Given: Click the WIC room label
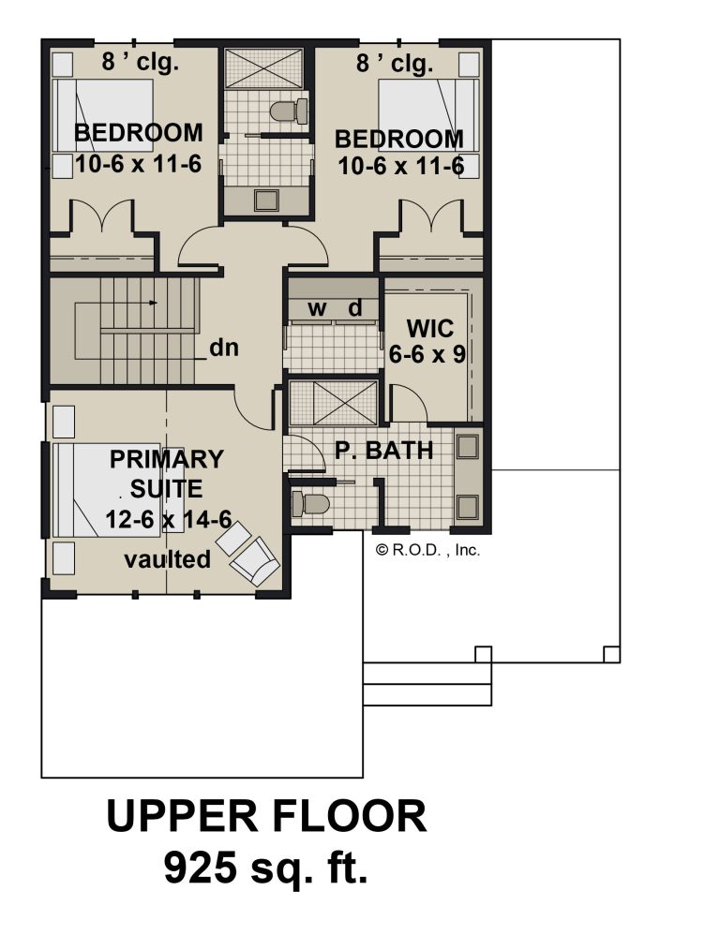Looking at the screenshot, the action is tap(429, 329).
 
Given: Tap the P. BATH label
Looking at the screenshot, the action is tap(384, 450).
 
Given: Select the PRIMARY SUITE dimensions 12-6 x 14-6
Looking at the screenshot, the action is tap(169, 519).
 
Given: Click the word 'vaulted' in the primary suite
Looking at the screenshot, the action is tap(167, 558).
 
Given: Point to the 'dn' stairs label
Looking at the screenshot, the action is tap(224, 348).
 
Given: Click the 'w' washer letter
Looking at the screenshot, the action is tap(316, 309).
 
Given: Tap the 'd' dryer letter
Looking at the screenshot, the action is tap(355, 308).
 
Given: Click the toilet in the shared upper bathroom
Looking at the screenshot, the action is tap(289, 111).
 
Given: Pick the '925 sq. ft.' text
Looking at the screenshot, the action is tap(265, 868).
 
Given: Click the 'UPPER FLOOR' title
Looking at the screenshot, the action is tap(266, 816).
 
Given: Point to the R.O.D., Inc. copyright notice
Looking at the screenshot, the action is tap(427, 550).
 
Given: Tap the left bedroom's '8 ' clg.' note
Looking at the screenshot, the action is tap(140, 62).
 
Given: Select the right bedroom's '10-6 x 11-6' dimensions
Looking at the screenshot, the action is tap(400, 166).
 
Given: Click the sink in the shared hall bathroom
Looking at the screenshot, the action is tap(266, 200).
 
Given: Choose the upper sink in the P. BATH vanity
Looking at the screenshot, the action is tap(468, 447).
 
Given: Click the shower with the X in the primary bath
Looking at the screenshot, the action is tap(334, 403).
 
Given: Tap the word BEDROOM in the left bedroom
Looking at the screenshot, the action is tap(138, 132).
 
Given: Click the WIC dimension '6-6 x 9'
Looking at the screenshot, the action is tap(427, 354).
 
